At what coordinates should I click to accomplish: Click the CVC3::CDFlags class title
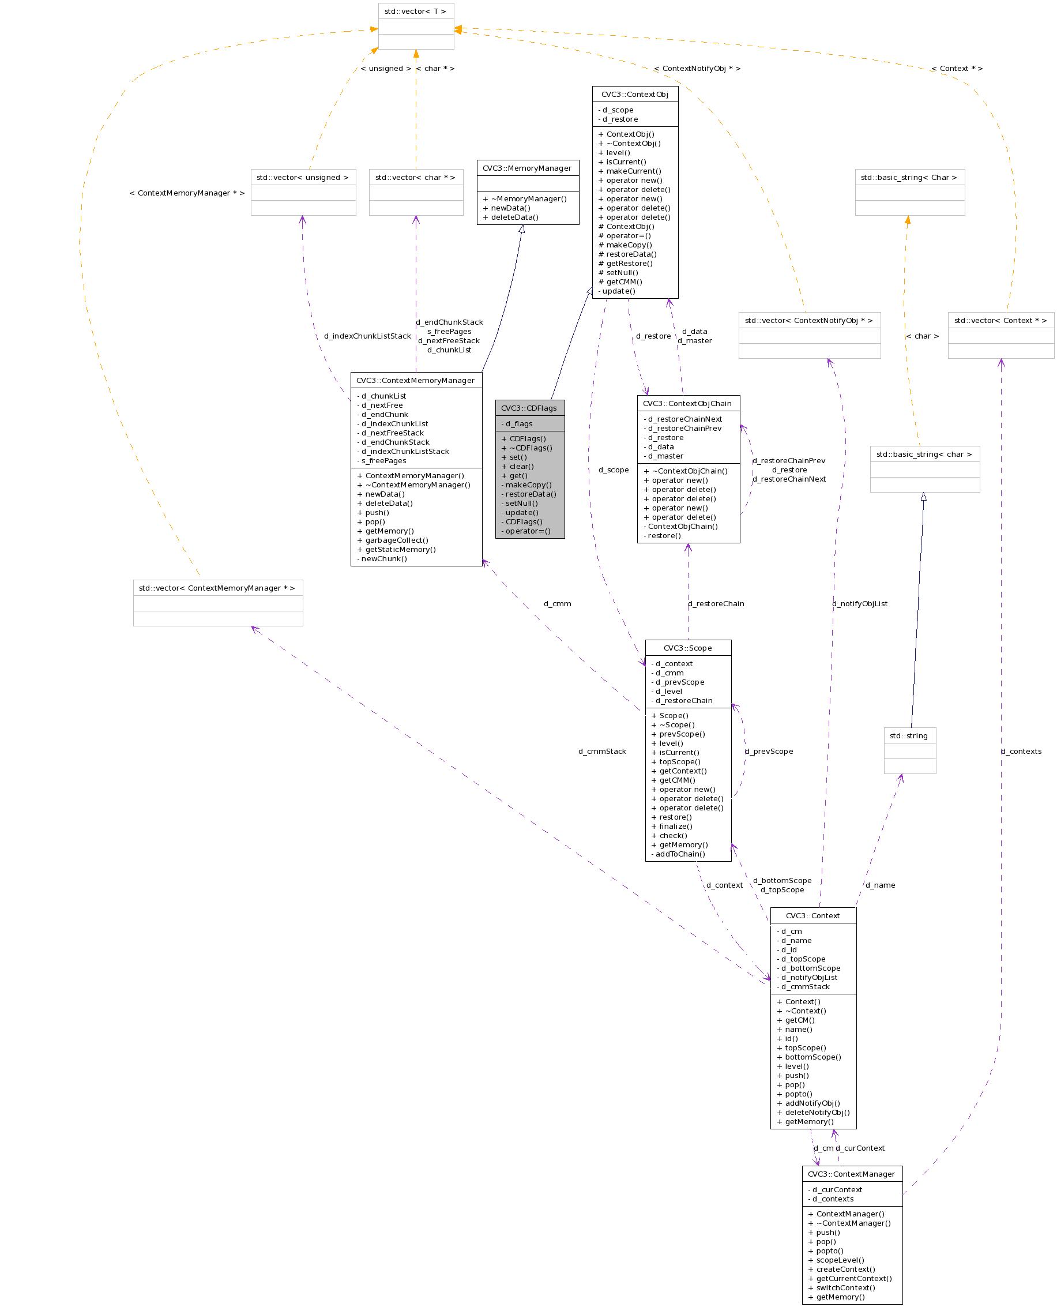tap(529, 408)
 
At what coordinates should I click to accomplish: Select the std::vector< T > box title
tap(415, 12)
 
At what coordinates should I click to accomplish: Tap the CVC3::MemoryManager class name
tap(527, 168)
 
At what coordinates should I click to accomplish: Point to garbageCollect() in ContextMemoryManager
tap(396, 540)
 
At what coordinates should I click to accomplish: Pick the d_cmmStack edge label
tap(602, 752)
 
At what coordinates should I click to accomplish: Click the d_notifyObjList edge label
tap(860, 603)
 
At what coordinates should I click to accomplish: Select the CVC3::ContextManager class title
tap(851, 1174)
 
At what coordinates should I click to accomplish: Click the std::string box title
tap(909, 736)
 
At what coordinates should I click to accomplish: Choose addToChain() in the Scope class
tap(680, 854)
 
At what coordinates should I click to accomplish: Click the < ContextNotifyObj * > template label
tap(697, 69)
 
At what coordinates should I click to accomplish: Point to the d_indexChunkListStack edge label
tap(367, 336)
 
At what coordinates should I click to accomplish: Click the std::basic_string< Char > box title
tap(909, 177)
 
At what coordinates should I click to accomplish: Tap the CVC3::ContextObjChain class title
tap(687, 403)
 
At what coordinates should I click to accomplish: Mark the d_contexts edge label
tap(1021, 752)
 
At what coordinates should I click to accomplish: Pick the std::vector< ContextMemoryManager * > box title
tap(217, 588)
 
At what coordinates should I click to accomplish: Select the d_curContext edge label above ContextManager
tap(860, 1148)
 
